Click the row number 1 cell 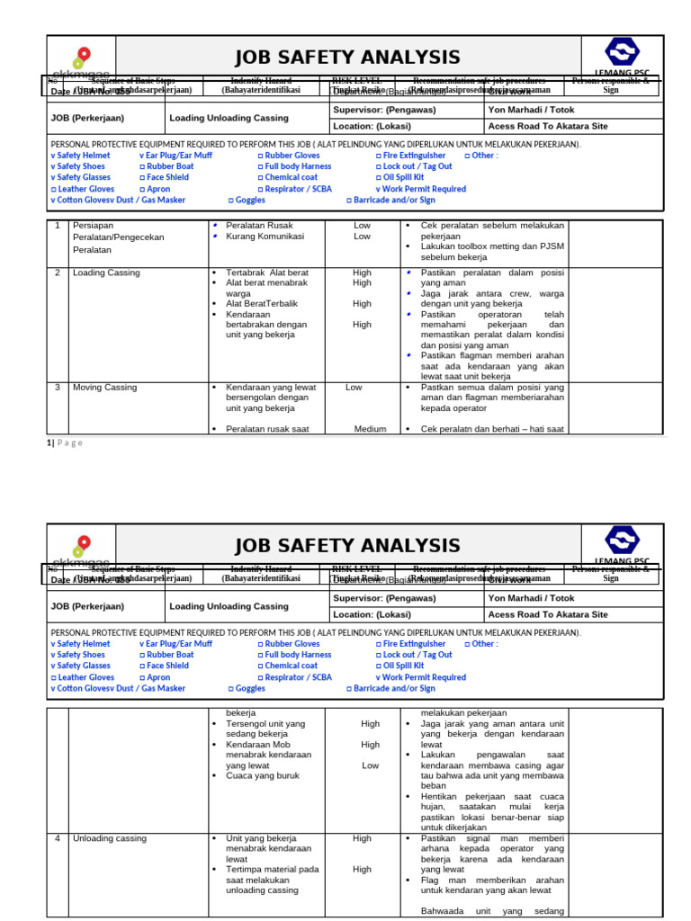pyautogui.click(x=57, y=226)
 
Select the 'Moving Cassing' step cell pyautogui.click(x=104, y=388)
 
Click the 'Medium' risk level pyautogui.click(x=370, y=429)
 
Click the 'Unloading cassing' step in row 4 pyautogui.click(x=109, y=838)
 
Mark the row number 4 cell pyautogui.click(x=57, y=838)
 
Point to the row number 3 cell pyautogui.click(x=57, y=388)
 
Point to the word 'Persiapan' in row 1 pyautogui.click(x=94, y=226)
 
